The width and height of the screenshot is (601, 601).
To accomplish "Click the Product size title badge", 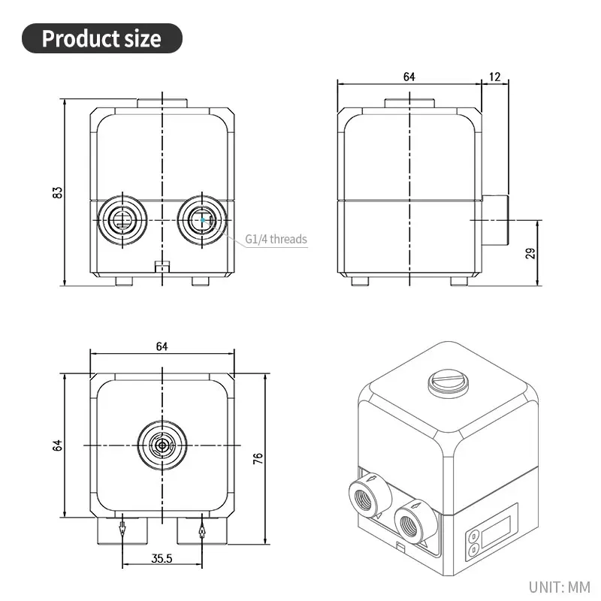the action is (x=102, y=38).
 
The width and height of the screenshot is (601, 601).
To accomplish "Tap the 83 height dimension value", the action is (x=57, y=192).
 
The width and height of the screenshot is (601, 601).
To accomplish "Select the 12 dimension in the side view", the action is (x=495, y=77).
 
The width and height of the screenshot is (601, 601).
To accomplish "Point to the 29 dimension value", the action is (x=530, y=253).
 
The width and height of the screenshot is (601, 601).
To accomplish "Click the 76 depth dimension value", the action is (x=258, y=458).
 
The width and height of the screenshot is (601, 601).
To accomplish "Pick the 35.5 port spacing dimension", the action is (x=162, y=558).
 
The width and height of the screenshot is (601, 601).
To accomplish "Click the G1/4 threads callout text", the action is (x=276, y=239).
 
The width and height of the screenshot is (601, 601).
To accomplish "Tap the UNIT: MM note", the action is (x=559, y=587).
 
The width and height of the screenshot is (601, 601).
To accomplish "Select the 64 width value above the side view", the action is (x=409, y=77).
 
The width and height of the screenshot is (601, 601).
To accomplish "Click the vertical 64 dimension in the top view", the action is (x=57, y=445).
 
